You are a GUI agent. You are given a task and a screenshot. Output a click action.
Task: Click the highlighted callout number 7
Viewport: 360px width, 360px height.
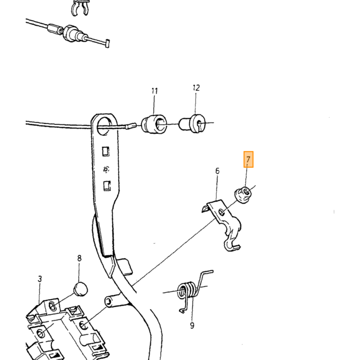(x=248, y=159)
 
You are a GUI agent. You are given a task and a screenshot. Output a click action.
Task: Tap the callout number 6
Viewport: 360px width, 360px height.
(x=217, y=171)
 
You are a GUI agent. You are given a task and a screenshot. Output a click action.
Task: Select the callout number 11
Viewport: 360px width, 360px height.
(x=154, y=91)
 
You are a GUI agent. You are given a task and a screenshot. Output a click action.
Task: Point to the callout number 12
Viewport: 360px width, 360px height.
(x=196, y=88)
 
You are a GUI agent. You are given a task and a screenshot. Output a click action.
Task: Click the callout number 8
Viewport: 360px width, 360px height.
(x=79, y=258)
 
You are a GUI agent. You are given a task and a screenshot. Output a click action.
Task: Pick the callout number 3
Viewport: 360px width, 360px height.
(x=40, y=279)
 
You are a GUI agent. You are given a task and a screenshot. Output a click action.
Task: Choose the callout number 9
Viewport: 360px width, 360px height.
(x=192, y=326)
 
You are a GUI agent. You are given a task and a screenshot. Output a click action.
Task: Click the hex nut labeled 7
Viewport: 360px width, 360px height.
(x=243, y=195)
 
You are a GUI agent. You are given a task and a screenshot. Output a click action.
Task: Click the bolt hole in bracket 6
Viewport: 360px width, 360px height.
(x=222, y=212)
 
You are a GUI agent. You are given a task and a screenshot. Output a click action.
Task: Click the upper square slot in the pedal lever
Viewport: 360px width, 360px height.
(x=105, y=152)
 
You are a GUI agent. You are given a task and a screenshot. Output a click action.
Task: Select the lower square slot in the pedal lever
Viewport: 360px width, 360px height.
(x=107, y=186)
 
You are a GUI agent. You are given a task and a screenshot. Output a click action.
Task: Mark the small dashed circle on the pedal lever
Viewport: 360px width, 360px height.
(x=106, y=169)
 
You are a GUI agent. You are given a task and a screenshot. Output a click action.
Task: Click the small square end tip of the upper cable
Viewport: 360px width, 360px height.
(x=107, y=44)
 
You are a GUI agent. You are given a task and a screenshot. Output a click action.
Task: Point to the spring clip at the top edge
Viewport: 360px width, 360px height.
(x=79, y=7)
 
